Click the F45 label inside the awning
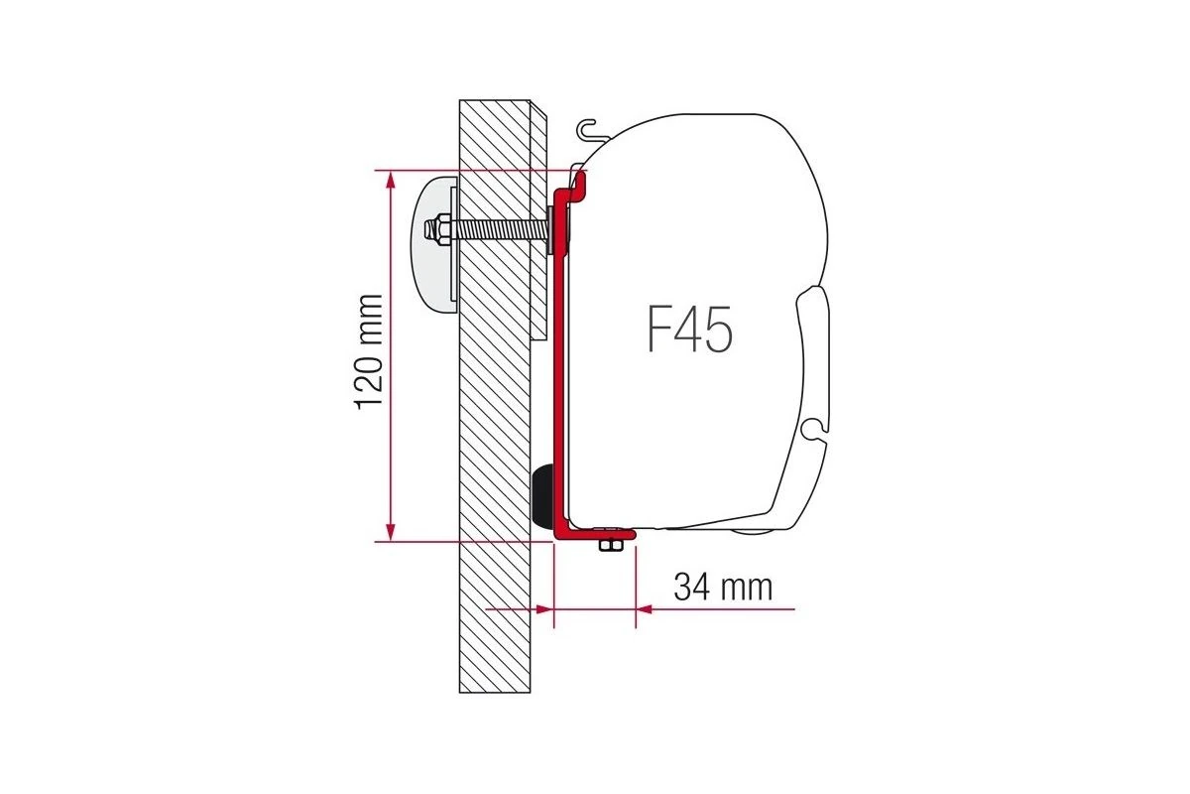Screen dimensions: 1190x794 pyautogui.click(x=689, y=329)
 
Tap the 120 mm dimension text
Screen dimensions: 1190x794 pyautogui.click(x=368, y=352)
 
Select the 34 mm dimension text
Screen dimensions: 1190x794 pyautogui.click(x=723, y=587)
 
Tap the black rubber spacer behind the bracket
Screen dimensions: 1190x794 pyautogui.click(x=543, y=495)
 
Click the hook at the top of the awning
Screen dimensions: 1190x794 pyautogui.click(x=588, y=130)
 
